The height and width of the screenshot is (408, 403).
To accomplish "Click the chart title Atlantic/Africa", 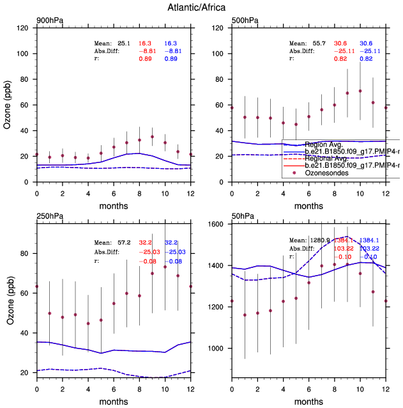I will coord(201,8).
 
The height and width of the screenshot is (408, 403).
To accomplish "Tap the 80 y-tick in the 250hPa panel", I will coord(26,253).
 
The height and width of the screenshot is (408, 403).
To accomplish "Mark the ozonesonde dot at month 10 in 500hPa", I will coord(360,91).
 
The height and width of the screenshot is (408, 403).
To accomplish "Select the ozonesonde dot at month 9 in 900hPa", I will coord(152,136).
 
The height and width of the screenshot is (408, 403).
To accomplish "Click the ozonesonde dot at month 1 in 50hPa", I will coord(245,315).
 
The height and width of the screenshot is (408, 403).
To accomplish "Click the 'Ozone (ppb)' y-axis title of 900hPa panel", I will coord(8,106).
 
